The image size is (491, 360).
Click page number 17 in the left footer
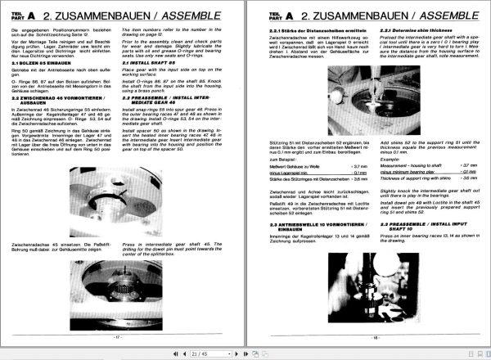tap(119, 335)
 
